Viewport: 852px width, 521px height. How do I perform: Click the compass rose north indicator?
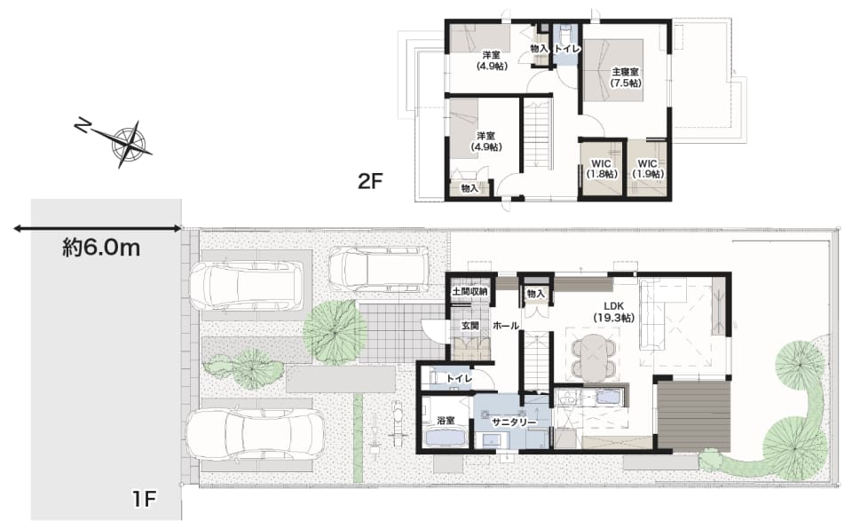[x=83, y=127]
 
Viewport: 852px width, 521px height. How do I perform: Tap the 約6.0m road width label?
[x=101, y=249]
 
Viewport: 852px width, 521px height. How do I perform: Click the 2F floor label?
[x=371, y=181]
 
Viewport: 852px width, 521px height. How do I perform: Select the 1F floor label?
[x=144, y=498]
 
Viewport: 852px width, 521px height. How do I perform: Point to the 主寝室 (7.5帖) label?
[x=626, y=77]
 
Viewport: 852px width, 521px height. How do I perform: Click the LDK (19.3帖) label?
[x=614, y=312]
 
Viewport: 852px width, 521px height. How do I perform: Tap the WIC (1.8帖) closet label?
[x=601, y=169]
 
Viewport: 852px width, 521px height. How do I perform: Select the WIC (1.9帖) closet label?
[x=647, y=169]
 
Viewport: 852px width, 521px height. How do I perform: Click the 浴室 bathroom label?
[x=446, y=420]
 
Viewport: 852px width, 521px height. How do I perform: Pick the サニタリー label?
[x=514, y=422]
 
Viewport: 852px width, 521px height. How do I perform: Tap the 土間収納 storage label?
[x=470, y=292]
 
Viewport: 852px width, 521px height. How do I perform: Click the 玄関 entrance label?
[x=470, y=326]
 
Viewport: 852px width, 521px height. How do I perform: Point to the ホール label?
[x=506, y=326]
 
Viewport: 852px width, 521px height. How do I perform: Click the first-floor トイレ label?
[x=460, y=379]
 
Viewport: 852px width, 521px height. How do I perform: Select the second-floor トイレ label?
[x=568, y=49]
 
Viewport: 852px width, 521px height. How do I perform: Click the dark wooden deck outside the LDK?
[x=693, y=416]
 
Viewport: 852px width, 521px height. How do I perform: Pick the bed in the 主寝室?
[x=614, y=69]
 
